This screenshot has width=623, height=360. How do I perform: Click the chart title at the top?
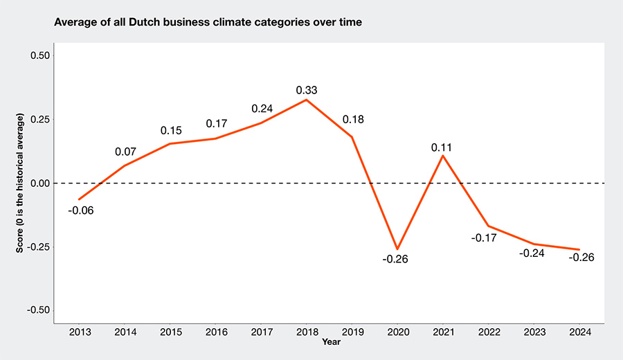tap(208, 22)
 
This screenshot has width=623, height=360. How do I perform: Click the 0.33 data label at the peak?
tap(307, 90)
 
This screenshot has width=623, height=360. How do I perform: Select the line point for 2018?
tap(307, 100)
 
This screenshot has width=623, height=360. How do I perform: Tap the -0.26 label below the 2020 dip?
tap(397, 260)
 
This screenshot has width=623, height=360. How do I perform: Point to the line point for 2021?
tap(443, 155)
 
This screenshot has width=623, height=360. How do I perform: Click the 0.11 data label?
tap(443, 147)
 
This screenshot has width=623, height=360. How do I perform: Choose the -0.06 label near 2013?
tap(81, 210)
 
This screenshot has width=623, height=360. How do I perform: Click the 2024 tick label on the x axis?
tap(579, 333)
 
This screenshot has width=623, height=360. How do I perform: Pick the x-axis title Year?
tap(331, 342)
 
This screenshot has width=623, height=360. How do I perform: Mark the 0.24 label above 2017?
tap(262, 109)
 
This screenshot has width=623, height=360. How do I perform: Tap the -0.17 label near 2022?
tap(484, 237)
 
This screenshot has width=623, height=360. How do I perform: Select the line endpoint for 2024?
tap(579, 249)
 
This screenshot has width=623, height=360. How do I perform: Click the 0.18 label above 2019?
tap(352, 120)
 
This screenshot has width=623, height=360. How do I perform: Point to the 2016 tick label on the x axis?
tap(215, 333)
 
